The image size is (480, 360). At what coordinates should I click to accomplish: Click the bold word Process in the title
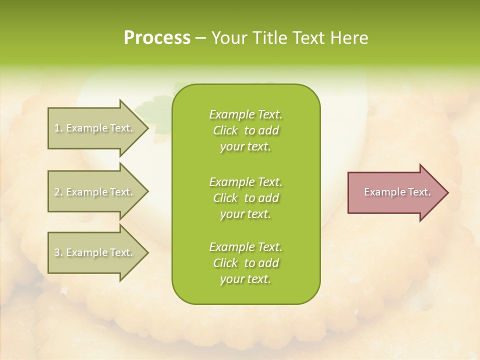(157, 38)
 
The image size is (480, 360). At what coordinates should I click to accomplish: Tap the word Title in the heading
(271, 38)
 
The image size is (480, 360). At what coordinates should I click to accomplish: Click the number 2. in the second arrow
(58, 192)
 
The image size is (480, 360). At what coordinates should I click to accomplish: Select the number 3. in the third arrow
(58, 252)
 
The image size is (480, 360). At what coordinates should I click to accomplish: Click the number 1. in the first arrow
(58, 128)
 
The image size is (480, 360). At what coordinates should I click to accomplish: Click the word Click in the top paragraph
(225, 131)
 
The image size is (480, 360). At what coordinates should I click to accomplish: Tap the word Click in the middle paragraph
(225, 198)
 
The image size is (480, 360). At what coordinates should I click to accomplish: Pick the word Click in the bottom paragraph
(225, 263)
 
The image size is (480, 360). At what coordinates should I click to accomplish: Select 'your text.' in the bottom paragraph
(245, 279)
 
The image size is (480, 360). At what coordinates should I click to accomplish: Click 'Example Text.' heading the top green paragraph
(245, 114)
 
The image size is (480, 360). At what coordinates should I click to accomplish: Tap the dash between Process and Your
(200, 38)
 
